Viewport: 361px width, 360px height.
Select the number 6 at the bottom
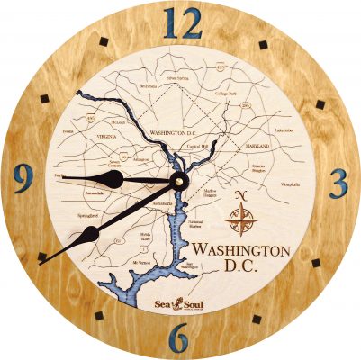(180, 338)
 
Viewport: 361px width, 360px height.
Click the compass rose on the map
(240, 217)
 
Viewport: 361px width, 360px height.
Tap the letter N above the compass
(240, 196)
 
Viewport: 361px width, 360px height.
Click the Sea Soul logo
(176, 307)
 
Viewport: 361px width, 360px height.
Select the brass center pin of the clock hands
(178, 179)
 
